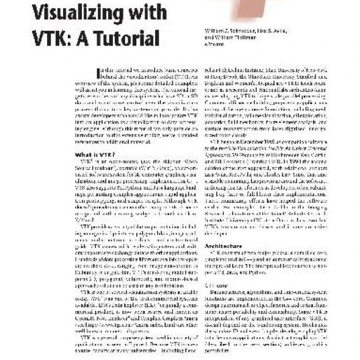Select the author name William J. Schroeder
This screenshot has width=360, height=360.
[228, 33]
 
